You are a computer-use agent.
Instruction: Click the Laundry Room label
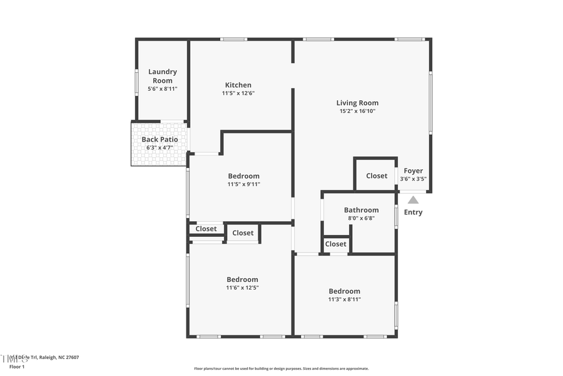point(163,76)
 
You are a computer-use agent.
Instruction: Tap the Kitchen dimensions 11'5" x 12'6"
point(238,93)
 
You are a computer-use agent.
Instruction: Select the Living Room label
point(357,103)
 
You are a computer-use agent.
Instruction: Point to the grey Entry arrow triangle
point(413,200)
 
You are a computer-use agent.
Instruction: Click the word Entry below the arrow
point(413,212)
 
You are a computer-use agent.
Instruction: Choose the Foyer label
point(413,170)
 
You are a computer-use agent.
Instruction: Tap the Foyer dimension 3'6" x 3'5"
point(413,179)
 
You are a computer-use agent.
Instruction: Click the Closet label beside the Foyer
point(377,176)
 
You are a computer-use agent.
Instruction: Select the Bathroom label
point(361,210)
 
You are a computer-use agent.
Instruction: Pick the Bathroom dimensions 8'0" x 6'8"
point(361,218)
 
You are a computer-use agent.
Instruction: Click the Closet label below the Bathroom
point(336,244)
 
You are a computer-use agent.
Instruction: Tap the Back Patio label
point(160,139)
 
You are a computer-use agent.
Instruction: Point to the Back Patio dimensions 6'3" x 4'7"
point(160,147)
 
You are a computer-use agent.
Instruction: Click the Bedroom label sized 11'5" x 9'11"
point(243,176)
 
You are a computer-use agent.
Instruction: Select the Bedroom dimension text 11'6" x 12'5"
point(242,288)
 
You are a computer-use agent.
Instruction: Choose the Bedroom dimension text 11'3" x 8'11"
point(344,300)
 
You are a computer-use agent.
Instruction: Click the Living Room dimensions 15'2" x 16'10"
point(357,111)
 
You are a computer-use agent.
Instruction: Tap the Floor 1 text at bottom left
point(17,367)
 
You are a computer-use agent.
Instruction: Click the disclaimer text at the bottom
point(281,368)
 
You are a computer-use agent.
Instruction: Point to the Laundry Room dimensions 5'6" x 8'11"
point(163,89)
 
